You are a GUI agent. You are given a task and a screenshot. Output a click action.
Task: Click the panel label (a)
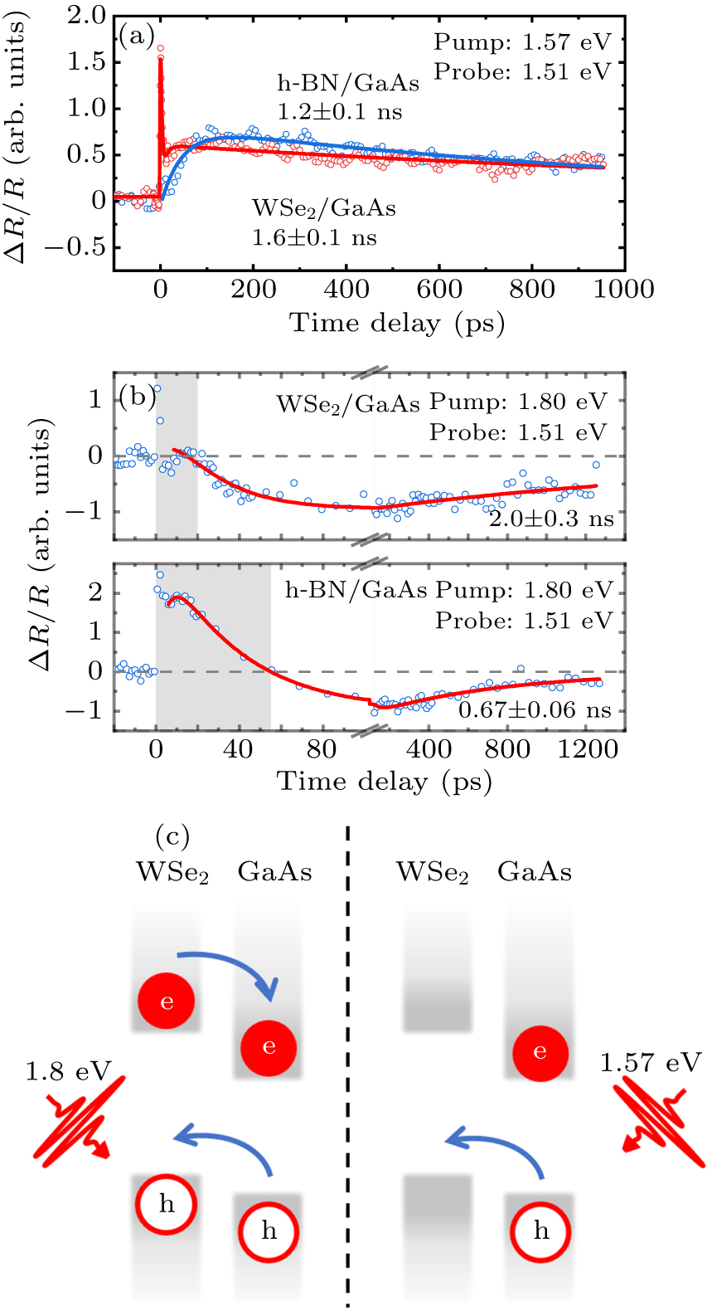point(137,36)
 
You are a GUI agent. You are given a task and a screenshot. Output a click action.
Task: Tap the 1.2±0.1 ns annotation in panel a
point(340,111)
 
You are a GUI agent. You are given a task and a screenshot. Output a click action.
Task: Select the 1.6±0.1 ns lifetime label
point(314,237)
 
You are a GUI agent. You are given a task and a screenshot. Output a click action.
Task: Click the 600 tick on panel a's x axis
point(439,289)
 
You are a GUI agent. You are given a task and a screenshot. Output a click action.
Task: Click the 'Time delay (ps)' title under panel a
point(397,323)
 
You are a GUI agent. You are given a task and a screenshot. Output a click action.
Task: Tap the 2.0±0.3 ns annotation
point(551,519)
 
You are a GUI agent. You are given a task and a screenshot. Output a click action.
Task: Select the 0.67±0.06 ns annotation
point(535,710)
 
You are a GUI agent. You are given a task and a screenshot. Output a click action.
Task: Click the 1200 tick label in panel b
point(588,749)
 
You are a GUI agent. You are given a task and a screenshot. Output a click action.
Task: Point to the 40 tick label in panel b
point(238,749)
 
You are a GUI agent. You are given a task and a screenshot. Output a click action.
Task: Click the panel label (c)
point(172,836)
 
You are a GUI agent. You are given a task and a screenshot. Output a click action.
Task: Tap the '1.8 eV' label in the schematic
point(68,1071)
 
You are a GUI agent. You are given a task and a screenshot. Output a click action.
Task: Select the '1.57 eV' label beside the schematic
point(651,1063)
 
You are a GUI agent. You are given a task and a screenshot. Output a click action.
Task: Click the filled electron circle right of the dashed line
point(540,1052)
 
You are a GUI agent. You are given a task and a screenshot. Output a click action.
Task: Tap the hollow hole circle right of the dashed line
point(540,1231)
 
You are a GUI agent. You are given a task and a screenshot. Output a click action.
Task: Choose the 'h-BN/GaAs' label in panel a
point(348,83)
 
